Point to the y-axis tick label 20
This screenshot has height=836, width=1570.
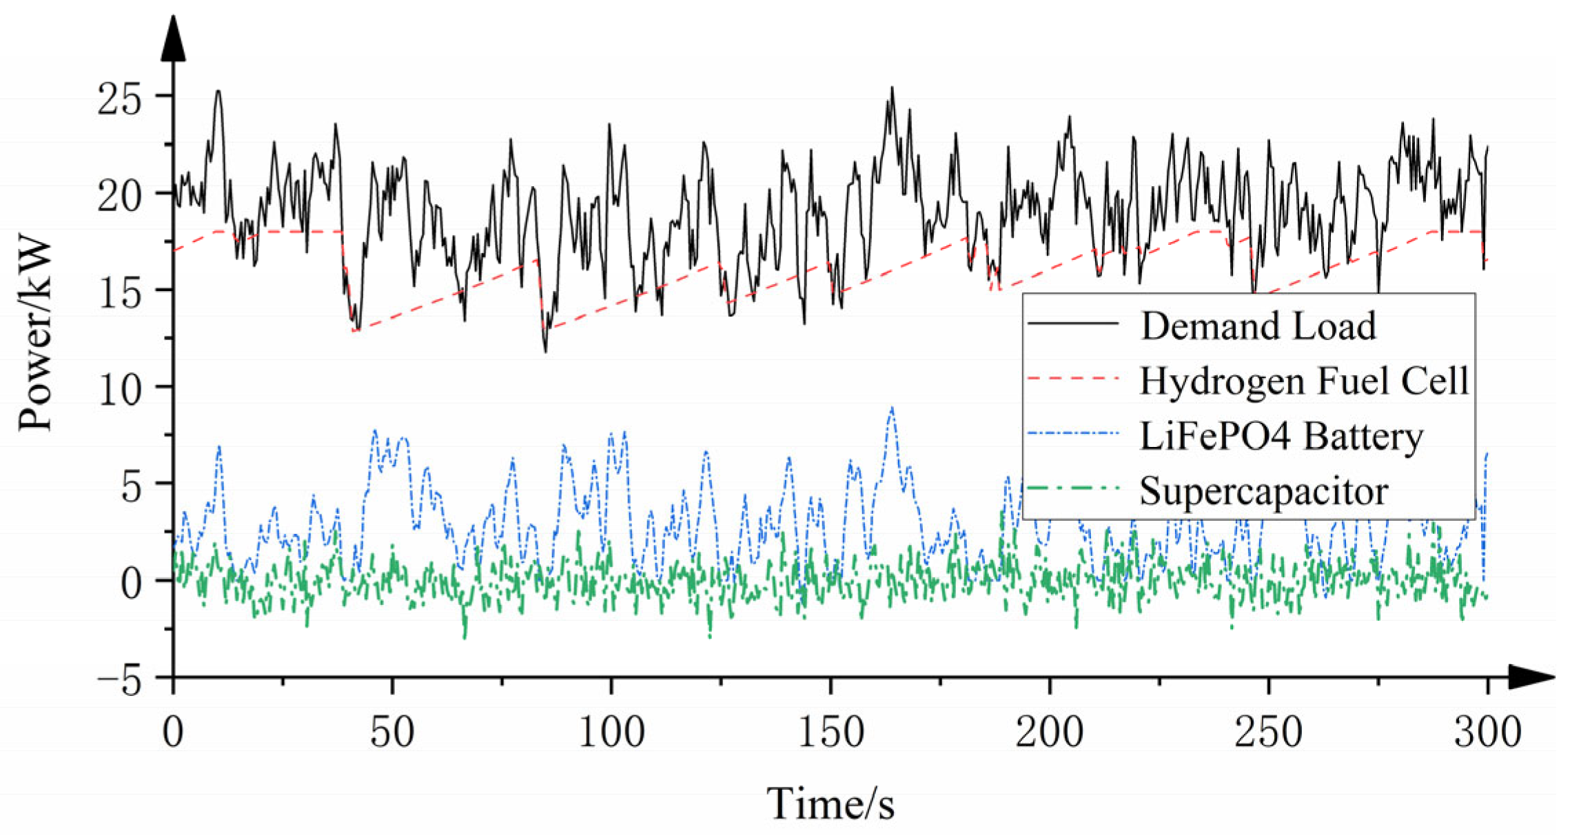coord(119,197)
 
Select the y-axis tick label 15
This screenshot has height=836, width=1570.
coord(119,293)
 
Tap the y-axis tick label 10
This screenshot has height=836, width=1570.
coord(119,390)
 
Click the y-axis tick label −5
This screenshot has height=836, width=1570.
coord(119,682)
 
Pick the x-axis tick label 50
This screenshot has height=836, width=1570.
coord(391,733)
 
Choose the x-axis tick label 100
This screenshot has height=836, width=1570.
coord(611,733)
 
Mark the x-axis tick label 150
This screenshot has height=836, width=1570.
coord(830,733)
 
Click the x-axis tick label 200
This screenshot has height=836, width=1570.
coord(1049,733)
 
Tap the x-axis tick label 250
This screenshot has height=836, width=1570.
coord(1268,733)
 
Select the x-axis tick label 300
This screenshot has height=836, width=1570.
coord(1487,733)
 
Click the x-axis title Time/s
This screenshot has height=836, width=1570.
coord(830,804)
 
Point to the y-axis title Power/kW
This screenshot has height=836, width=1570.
coord(36,335)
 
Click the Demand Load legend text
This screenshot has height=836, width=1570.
coord(1258,326)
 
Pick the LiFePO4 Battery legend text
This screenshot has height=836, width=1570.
coord(1281,436)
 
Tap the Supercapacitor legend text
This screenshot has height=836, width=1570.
coord(1263,491)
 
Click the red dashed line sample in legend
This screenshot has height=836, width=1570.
coord(1072,379)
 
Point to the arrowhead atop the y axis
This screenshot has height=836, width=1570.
coord(173,38)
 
